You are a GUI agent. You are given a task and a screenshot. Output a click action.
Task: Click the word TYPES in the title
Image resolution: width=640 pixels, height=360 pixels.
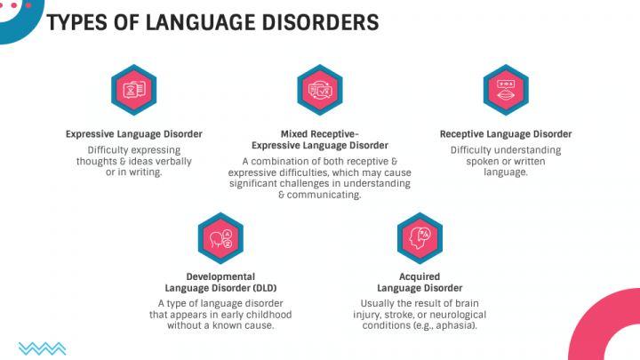pos(77,22)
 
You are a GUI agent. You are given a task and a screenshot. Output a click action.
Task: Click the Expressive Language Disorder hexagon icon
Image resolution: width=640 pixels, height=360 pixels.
pos(134,90)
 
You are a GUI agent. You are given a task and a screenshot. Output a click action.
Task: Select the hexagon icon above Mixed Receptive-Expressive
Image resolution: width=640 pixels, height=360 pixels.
pos(320,90)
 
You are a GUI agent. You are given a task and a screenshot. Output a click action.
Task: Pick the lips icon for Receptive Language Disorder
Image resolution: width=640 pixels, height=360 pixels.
pos(506,90)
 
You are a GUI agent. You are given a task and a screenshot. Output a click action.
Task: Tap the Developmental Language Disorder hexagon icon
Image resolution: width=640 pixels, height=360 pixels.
pos(220,238)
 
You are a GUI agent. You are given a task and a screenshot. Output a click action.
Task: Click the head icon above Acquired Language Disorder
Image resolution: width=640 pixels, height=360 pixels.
pos(420,238)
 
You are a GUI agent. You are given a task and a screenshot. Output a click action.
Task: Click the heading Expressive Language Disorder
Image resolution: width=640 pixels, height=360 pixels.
pos(134,134)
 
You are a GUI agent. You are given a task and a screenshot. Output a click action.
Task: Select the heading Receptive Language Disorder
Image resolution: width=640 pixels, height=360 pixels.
pos(506,134)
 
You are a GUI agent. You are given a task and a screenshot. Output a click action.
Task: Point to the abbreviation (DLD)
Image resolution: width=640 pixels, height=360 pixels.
pos(265,288)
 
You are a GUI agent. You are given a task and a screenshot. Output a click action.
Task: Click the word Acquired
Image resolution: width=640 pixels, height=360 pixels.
pos(420,276)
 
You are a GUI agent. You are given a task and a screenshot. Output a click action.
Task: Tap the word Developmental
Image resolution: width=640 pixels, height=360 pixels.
pos(220,276)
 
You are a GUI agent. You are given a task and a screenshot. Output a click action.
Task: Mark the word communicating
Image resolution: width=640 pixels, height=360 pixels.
pos(324,195)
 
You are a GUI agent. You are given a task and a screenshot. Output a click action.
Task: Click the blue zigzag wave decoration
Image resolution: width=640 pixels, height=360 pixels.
pos(43,348)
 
